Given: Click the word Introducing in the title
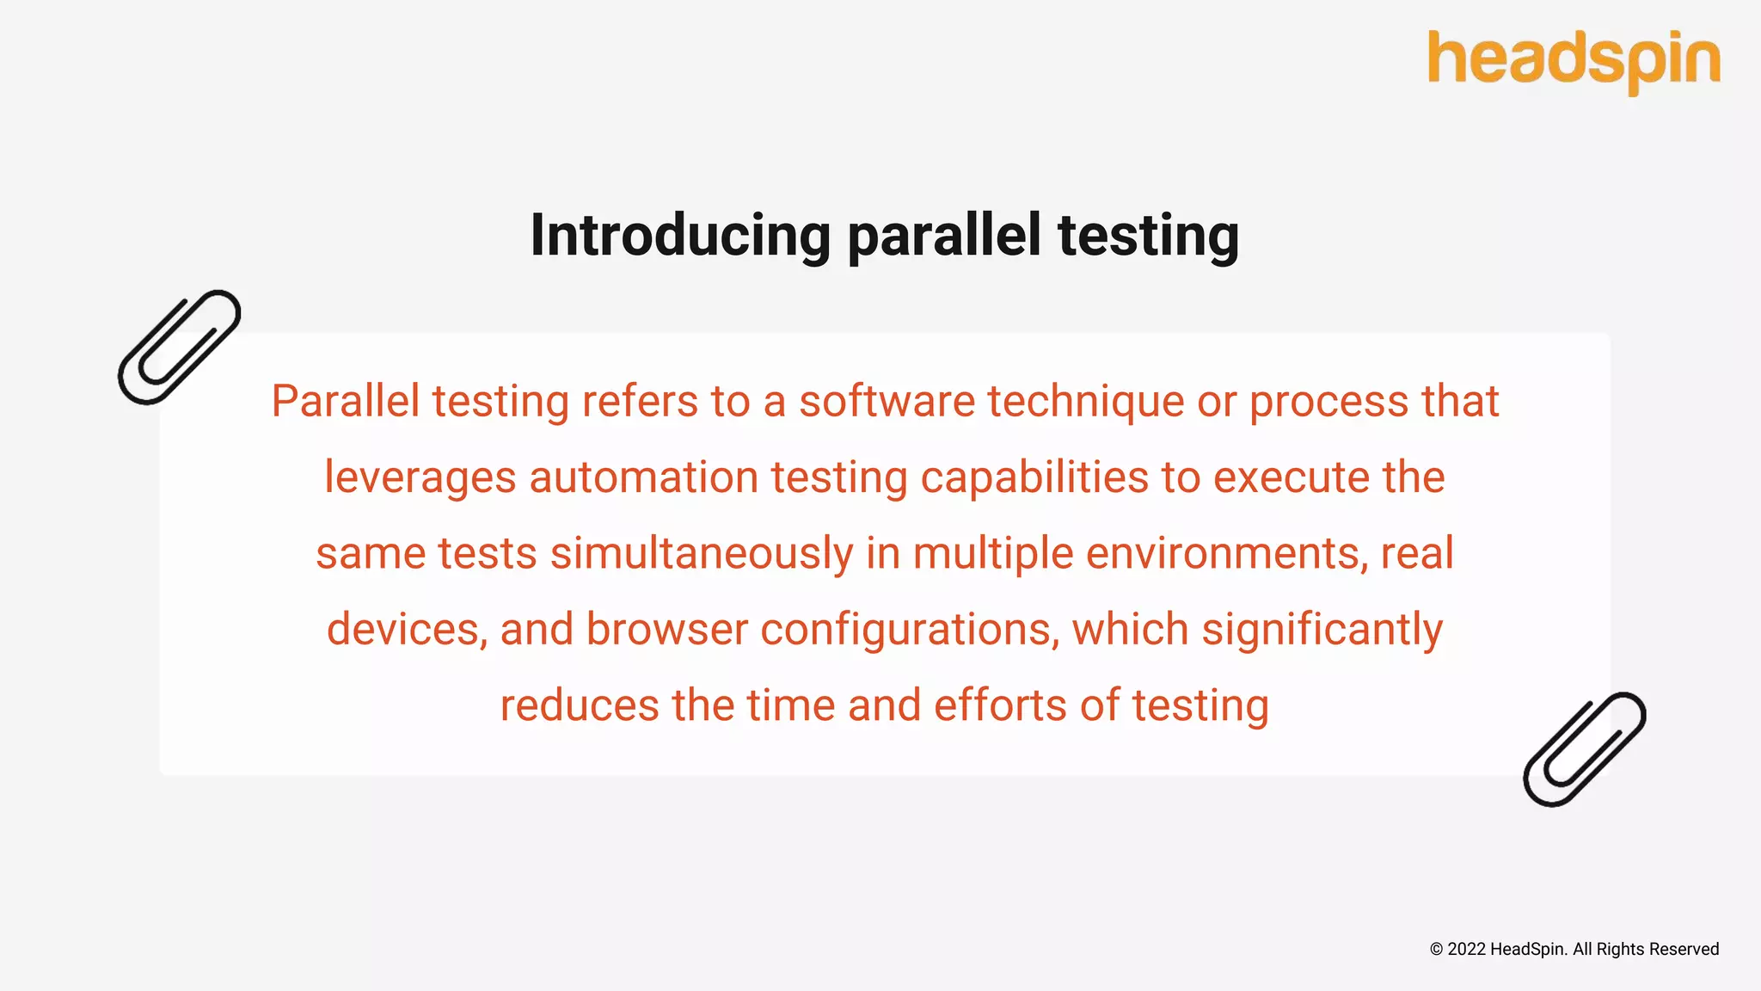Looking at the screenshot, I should tap(680, 236).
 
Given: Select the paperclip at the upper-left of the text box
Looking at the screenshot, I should tap(179, 347).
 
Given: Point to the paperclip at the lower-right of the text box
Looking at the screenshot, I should tap(1584, 749).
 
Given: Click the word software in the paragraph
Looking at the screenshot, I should tap(887, 402).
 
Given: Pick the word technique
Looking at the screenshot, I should tap(1085, 402).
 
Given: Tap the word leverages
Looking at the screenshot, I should tap(420, 477).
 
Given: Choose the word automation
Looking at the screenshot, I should tap(643, 477).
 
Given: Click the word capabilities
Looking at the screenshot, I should tap(1034, 477).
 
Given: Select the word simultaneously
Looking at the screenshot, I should tap(702, 553).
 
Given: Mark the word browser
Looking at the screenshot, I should tap(667, 629).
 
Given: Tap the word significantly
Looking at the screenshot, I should tap(1322, 629).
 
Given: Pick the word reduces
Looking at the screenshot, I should tap(580, 705).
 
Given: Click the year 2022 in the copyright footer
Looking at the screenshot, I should tap(1466, 950).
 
